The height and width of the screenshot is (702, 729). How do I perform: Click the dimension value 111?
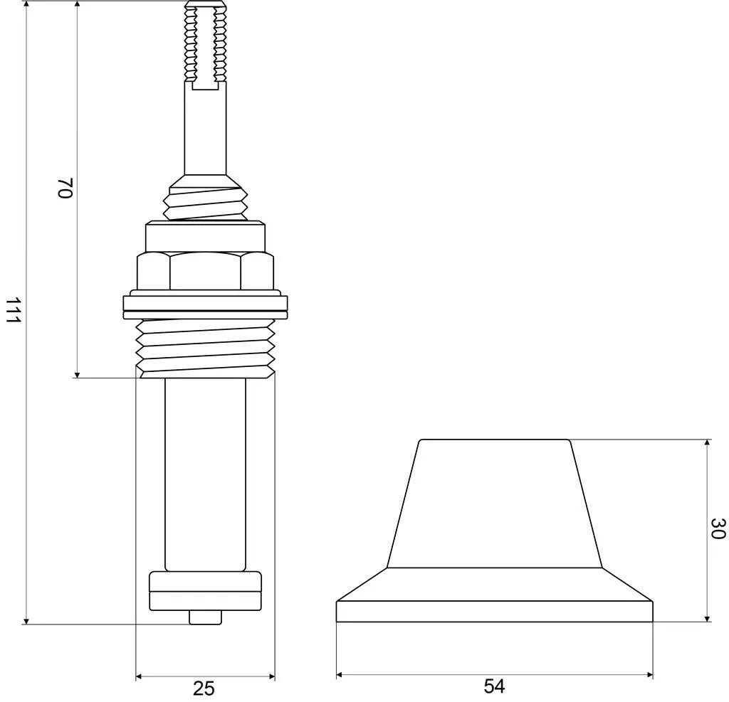[x=11, y=311]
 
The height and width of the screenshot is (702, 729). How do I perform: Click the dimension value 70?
[x=65, y=188]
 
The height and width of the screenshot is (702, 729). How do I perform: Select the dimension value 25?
[x=204, y=688]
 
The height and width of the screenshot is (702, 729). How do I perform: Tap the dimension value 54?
[x=494, y=686]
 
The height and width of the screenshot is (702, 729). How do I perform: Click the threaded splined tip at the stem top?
[x=205, y=43]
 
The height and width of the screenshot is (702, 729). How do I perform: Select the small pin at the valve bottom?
[x=205, y=617]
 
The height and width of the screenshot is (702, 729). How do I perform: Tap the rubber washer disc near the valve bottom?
[x=205, y=590]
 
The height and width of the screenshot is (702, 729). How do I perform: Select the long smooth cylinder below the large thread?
[x=205, y=473]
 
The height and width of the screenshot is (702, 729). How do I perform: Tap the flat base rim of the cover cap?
[x=494, y=612]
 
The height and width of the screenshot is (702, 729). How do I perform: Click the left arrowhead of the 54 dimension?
[x=340, y=674]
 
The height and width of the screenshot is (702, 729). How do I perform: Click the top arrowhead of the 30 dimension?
[x=707, y=443]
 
